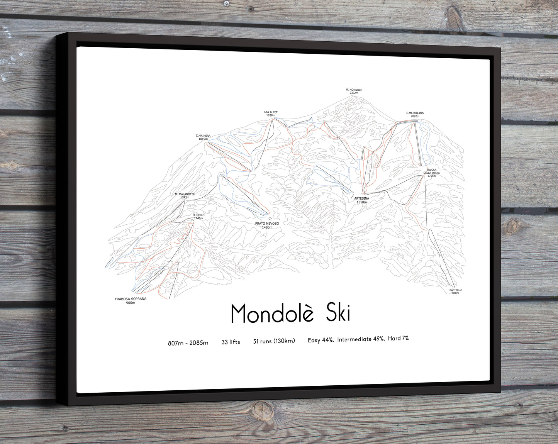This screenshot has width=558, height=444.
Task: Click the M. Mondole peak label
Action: coord(354,92)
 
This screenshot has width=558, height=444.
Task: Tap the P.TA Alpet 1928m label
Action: coord(270,114)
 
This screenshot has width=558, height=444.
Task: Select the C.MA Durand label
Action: coord(415,115)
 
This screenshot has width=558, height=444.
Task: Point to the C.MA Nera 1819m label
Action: coord(203,137)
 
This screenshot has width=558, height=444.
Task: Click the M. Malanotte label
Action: coord(185,196)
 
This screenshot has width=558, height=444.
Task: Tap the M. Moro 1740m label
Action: coord(198,217)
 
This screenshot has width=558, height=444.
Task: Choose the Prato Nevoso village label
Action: coord(267,225)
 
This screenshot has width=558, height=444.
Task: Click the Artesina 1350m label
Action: coord(361,200)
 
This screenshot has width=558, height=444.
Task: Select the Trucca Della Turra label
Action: coord(431,173)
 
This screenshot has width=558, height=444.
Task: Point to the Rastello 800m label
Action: coord(455,291)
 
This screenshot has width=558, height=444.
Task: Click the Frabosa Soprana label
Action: coord(131,301)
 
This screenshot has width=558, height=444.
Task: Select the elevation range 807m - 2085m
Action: coord(188,343)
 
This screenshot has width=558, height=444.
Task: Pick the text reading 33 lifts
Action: coord(231,342)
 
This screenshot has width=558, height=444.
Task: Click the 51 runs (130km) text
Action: coord(274,341)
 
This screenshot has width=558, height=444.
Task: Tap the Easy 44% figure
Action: coord(321,340)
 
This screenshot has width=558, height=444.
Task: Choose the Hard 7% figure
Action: coord(398,339)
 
